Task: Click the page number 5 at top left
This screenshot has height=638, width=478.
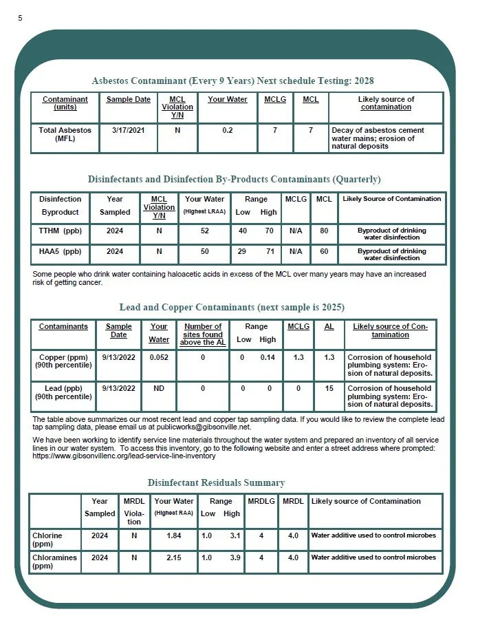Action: point(20,18)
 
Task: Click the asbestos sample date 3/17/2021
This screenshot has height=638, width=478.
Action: point(128,130)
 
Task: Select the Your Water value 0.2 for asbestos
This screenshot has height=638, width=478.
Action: point(227,130)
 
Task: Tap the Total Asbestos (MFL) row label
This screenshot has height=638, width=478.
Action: point(60,134)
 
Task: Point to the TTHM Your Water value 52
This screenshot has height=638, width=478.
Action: point(204,231)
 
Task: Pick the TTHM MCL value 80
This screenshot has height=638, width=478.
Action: point(323,231)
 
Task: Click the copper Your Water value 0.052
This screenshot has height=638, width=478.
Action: point(159,358)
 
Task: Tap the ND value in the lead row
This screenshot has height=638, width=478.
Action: point(159,388)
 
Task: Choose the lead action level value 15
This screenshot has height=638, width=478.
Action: point(329,388)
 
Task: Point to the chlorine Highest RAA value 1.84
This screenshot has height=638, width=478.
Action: point(173,535)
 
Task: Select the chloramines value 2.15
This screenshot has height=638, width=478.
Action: point(173,557)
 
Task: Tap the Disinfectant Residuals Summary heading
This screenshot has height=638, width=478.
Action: point(216,482)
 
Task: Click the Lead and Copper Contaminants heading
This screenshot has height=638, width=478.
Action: point(232,307)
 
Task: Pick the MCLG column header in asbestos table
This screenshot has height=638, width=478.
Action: point(275,99)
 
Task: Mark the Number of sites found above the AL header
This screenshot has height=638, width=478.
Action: point(203,334)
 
